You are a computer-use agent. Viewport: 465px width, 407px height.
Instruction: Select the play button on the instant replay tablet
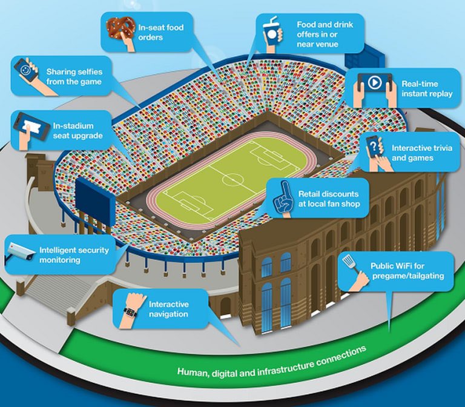[374, 81]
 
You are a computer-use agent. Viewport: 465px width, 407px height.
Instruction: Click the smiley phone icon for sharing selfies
[25, 70]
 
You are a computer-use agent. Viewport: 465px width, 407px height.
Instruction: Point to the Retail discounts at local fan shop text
[329, 199]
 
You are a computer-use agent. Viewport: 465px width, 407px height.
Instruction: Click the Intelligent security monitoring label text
[68, 255]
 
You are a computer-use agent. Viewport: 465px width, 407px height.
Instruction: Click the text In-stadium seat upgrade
[77, 130]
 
